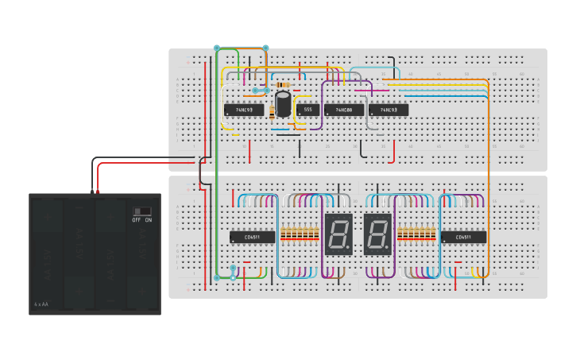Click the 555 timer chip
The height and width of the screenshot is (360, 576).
[307, 110]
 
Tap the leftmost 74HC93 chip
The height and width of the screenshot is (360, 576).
[244, 110]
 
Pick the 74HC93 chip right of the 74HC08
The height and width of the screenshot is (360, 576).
[389, 110]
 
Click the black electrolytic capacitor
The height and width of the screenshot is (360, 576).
[283, 105]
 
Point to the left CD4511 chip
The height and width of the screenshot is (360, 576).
[253, 237]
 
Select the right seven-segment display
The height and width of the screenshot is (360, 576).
[377, 234]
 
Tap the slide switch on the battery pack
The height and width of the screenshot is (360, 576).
[141, 211]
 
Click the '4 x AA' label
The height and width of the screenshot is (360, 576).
[41, 304]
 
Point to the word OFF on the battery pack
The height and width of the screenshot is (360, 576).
[137, 220]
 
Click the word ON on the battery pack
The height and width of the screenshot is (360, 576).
[149, 220]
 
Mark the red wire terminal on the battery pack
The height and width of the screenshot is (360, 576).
[99, 192]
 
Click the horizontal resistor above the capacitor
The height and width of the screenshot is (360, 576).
[282, 84]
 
